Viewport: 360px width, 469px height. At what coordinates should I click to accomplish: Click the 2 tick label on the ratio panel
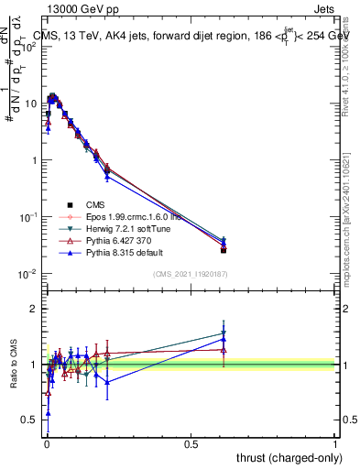36,309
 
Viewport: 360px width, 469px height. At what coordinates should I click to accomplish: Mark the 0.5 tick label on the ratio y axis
31,420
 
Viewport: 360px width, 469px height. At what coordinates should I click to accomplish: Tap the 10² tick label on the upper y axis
29,47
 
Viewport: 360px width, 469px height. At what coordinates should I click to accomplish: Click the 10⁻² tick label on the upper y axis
29,274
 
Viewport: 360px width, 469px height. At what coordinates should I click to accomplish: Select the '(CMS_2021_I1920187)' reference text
190,274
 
